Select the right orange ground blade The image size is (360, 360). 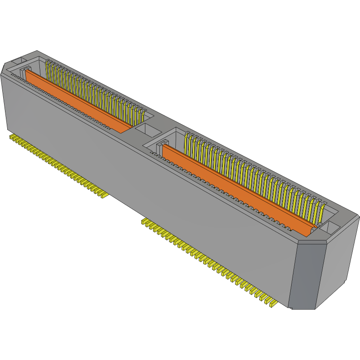235,186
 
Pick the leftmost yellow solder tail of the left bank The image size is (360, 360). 12,136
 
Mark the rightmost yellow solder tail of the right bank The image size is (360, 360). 273,303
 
